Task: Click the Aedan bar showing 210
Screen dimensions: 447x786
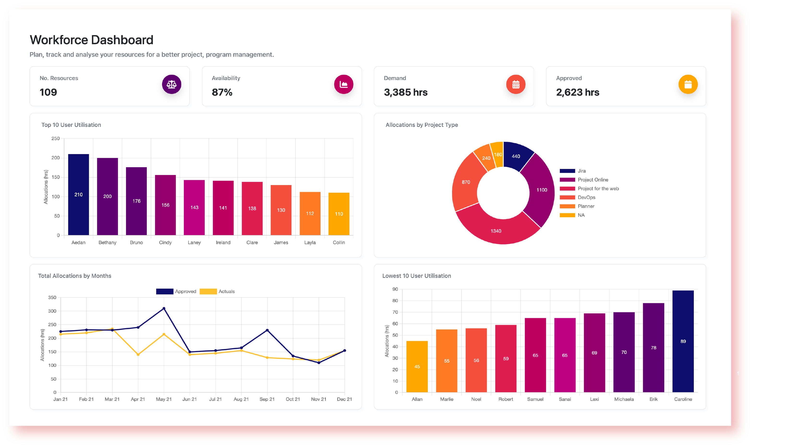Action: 79,194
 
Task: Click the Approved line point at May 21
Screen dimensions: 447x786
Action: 164,309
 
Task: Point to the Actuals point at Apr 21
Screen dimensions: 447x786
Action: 138,354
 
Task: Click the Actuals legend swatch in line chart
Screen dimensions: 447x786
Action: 208,291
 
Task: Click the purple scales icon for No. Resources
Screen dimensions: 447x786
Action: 171,84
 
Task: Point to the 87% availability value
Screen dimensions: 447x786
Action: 222,92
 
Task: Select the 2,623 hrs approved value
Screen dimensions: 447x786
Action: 577,92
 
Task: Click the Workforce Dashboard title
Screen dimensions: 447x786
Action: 91,40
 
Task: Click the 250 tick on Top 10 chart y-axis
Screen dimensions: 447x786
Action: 55,138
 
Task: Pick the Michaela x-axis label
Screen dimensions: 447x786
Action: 624,399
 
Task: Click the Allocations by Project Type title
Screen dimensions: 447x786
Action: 421,125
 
